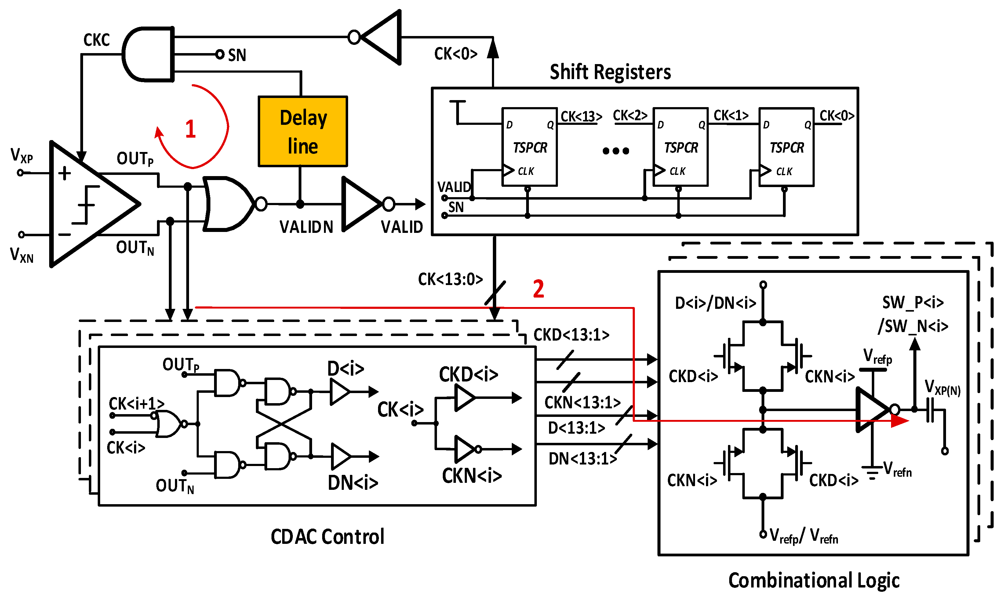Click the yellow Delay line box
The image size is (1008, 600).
303,132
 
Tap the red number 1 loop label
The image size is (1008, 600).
191,129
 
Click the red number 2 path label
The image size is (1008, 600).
538,289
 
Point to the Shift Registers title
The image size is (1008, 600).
610,72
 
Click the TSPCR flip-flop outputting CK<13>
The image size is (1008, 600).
529,147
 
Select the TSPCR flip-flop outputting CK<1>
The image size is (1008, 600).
680,147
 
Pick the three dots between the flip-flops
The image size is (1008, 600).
616,151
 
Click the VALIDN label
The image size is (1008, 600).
306,227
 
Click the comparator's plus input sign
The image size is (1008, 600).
65,173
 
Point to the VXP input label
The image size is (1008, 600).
21,155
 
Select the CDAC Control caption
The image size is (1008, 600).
327,537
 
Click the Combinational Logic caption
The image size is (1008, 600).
813,580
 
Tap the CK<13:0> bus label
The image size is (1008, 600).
450,279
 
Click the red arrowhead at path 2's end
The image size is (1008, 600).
900,421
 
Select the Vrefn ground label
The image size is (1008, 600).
897,469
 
